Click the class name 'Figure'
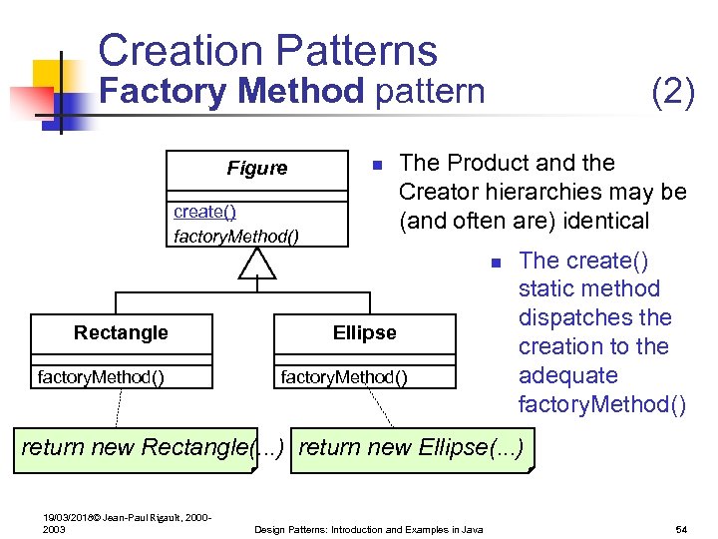pos(256,169)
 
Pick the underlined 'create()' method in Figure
pos(204,212)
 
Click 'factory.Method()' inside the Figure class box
pos(236,237)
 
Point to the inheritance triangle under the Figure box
pos(257,264)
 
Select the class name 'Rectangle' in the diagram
pos(121,332)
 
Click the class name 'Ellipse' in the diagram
pos(364,332)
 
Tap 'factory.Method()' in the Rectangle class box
pos(101,376)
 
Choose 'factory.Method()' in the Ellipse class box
pos(344,376)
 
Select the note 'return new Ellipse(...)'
pos(411,447)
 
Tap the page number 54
pos(682,528)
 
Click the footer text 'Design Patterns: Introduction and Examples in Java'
pos(369,528)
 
